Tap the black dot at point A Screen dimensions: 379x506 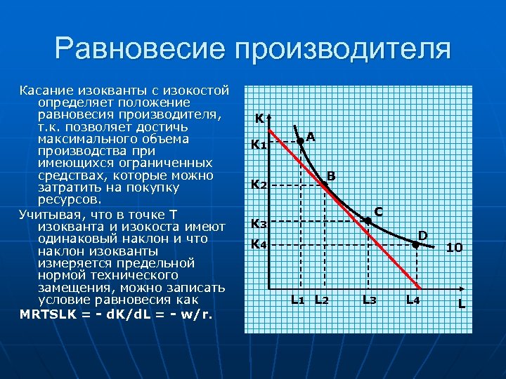(300, 141)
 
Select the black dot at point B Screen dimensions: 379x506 (325, 185)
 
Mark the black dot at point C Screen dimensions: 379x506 (368, 221)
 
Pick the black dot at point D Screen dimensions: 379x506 (416, 245)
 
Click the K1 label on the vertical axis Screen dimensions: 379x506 (259, 145)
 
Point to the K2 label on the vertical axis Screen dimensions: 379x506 (259, 185)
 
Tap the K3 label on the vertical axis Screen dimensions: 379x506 (259, 224)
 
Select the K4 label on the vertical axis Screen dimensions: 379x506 (259, 245)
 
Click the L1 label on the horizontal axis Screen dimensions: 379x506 (298, 300)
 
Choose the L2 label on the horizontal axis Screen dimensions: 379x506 (322, 300)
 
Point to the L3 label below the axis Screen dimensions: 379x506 (369, 300)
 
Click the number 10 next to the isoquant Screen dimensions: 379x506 (454, 248)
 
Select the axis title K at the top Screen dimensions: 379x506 (259, 119)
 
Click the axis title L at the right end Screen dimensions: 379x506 (462, 304)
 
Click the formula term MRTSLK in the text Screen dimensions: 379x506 (48, 314)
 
